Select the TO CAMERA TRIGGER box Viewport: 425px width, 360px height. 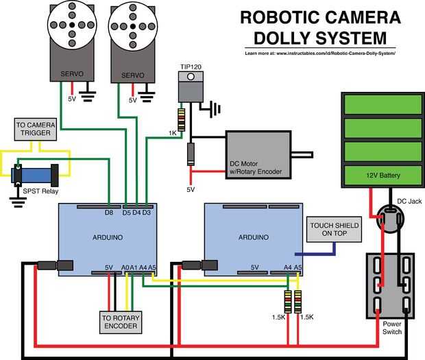click(x=34, y=129)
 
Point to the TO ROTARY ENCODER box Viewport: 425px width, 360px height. click(x=119, y=322)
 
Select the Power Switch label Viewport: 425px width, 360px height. click(x=392, y=328)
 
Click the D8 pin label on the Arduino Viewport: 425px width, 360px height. click(x=109, y=213)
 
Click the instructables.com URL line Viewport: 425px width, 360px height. click(x=320, y=53)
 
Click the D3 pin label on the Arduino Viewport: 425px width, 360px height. click(x=147, y=213)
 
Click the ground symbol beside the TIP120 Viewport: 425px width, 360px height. click(x=215, y=108)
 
